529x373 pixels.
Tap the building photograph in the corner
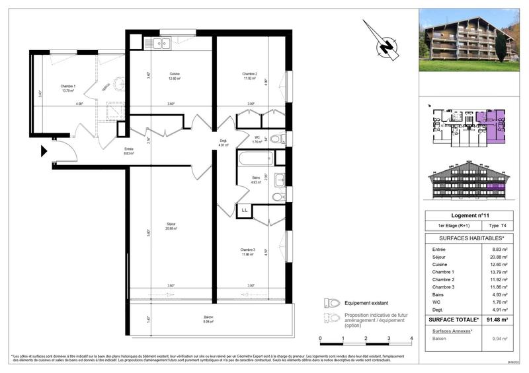coord(469,40)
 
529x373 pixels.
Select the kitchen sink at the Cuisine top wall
coord(162,44)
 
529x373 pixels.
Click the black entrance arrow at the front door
coord(44,151)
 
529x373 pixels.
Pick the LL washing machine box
coord(245,210)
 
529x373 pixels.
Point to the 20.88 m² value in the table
coord(500,257)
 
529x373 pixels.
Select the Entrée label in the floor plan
coord(128,151)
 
